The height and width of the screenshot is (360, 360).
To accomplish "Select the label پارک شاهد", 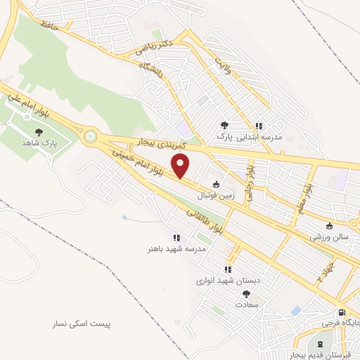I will coord(58,143).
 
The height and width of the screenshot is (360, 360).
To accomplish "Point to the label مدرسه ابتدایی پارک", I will coord(249,136).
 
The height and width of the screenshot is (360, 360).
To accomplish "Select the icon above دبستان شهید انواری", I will coord(227,269).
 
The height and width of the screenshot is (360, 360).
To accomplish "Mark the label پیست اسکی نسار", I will coord(86,324).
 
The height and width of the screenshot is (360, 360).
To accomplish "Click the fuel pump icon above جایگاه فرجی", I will coord(342,312).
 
